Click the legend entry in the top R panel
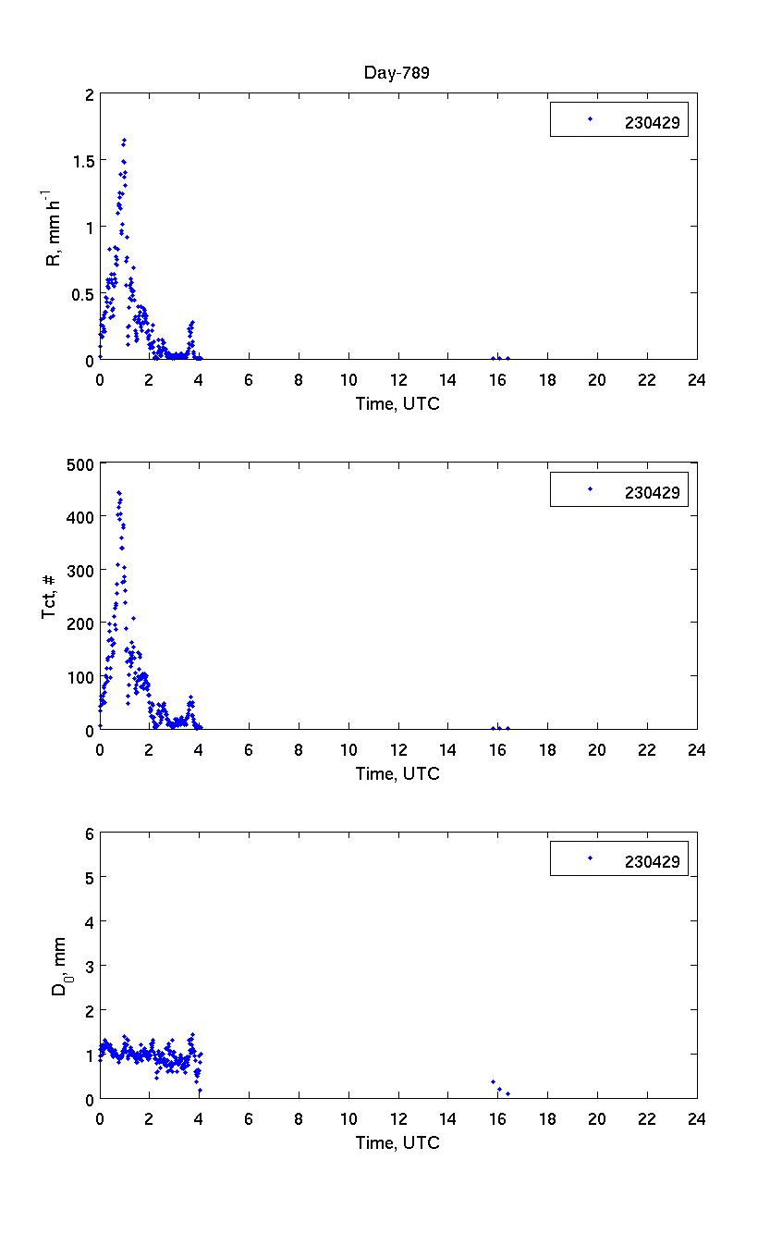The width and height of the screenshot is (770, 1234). click(x=619, y=119)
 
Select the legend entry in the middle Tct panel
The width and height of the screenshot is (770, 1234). click(x=619, y=488)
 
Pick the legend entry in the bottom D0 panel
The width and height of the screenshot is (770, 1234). click(x=619, y=858)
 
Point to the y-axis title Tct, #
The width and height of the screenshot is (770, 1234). click(x=53, y=597)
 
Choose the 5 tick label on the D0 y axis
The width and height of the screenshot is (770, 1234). click(x=89, y=877)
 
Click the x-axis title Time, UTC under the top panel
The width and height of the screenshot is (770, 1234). click(x=398, y=404)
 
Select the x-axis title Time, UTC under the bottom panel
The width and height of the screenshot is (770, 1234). click(x=398, y=1143)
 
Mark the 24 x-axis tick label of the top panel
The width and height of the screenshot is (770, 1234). click(x=697, y=379)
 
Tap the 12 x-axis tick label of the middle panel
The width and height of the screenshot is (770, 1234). click(x=398, y=749)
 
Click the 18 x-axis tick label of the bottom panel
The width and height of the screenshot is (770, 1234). click(x=547, y=1118)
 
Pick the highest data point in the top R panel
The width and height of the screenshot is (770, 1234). click(x=124, y=141)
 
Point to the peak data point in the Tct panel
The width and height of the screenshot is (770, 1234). click(x=119, y=492)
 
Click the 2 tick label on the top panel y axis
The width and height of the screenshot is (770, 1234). click(x=89, y=94)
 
